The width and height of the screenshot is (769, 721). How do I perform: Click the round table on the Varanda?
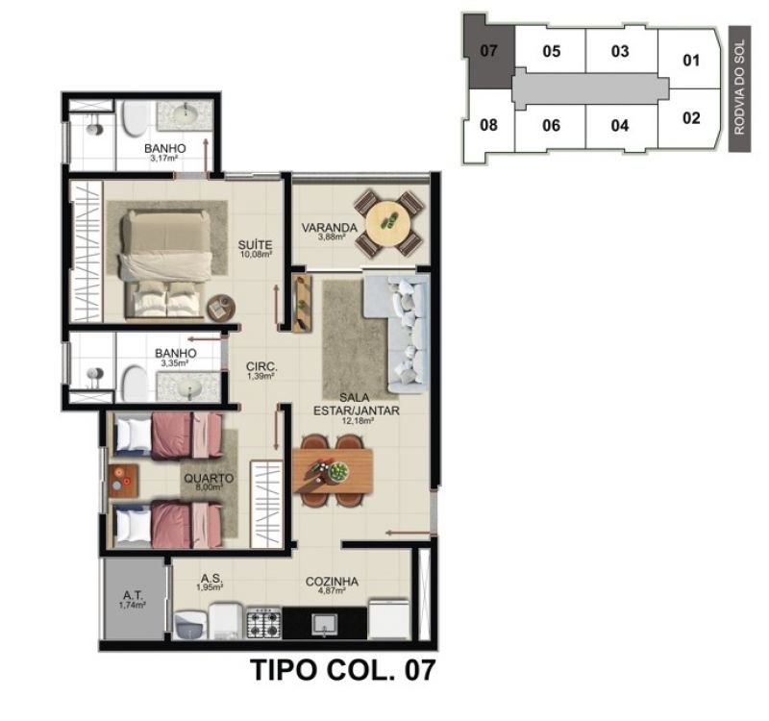click(388, 222)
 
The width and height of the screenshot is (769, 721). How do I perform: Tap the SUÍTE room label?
click(255, 245)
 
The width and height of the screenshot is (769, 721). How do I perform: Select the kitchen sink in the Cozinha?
click(324, 624)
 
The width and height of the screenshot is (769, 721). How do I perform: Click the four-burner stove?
click(263, 623)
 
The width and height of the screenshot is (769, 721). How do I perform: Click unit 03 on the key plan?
click(620, 52)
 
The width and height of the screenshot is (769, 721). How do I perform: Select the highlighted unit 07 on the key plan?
click(488, 51)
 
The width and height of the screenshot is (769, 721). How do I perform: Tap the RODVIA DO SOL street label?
click(739, 87)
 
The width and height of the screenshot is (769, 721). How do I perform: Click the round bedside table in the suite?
click(220, 309)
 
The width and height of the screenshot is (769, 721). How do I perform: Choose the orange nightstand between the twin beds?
click(123, 481)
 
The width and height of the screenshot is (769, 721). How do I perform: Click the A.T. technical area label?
click(133, 595)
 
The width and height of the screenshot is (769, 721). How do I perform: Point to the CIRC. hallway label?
click(261, 366)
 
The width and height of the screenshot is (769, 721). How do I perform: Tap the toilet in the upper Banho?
click(134, 119)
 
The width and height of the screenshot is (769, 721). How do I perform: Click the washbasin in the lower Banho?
click(188, 388)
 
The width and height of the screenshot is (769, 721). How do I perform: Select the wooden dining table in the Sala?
click(333, 471)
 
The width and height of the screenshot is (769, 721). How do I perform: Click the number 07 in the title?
click(420, 670)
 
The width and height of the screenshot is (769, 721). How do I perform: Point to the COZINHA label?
click(332, 582)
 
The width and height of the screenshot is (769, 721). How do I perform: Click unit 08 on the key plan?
click(488, 125)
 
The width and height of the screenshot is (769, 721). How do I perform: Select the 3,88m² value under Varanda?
click(332, 236)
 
